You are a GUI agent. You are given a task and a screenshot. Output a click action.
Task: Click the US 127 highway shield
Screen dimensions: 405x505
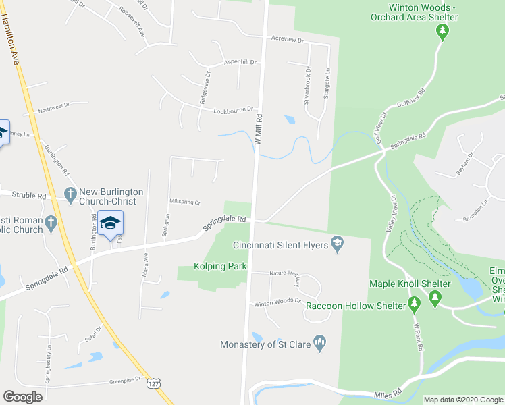[x=156, y=383]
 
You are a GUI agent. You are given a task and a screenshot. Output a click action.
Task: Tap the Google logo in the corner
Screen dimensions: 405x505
[x=23, y=396]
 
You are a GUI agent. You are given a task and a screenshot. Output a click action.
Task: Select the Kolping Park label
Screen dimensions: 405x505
[x=220, y=267]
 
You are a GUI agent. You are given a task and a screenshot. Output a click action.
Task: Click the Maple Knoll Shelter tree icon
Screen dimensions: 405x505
[x=435, y=297]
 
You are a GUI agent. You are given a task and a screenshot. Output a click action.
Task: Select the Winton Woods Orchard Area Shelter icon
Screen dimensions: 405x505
[x=442, y=30]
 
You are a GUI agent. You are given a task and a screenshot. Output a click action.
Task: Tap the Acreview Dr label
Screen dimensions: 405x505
[x=287, y=40]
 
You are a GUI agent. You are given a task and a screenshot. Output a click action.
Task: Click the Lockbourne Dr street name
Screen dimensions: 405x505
[x=233, y=109]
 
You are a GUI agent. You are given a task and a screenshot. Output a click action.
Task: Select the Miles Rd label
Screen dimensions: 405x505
[x=388, y=393]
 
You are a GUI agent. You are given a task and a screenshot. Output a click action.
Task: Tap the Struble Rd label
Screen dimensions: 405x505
[x=32, y=196]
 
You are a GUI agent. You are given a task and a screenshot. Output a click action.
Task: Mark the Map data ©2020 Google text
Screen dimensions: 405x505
[x=463, y=400]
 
